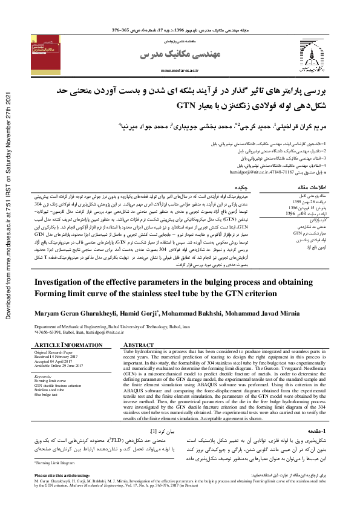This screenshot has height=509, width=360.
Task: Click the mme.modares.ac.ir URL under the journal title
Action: [x=181, y=70]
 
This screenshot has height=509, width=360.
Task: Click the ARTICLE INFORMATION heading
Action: [x=59, y=345]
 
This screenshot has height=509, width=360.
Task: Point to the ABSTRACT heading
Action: [x=139, y=345]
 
